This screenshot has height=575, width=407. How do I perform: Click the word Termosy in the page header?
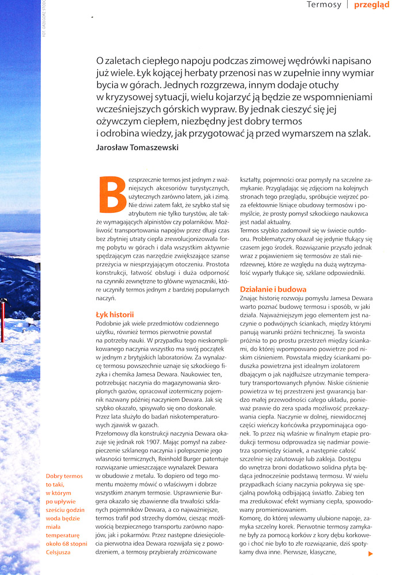click(x=324, y=5)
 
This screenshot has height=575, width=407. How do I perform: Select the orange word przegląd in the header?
click(x=372, y=5)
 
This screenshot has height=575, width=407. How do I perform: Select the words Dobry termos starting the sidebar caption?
click(x=64, y=476)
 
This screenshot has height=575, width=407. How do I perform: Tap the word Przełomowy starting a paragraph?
click(x=113, y=427)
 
